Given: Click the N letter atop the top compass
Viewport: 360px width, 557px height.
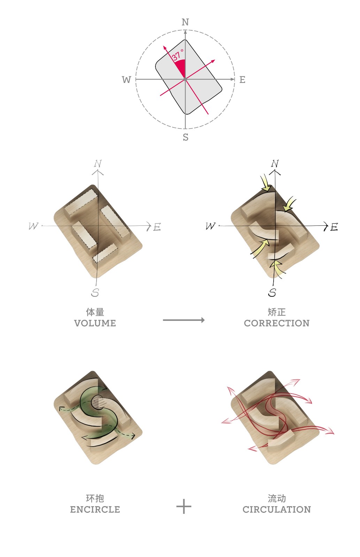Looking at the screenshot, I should pyautogui.click(x=185, y=22).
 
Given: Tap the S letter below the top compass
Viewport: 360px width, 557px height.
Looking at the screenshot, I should pyautogui.click(x=185, y=137).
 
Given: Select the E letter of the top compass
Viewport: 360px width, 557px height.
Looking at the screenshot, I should pyautogui.click(x=242, y=80).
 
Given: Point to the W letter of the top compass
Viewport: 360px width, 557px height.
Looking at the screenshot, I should pyautogui.click(x=126, y=80).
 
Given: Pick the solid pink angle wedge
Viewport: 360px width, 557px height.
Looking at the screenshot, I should pyautogui.click(x=181, y=67).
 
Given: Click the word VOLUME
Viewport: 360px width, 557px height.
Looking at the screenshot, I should pyautogui.click(x=95, y=323).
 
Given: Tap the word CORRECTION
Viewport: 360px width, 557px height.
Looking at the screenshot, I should pyautogui.click(x=276, y=323).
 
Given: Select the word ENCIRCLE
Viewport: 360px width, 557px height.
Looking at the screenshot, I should pyautogui.click(x=95, y=510).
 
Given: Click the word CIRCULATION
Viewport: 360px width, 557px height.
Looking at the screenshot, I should pyautogui.click(x=276, y=510).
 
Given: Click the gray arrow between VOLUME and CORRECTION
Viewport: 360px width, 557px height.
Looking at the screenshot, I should pyautogui.click(x=184, y=320).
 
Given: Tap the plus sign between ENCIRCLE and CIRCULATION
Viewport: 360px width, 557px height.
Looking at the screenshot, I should pyautogui.click(x=184, y=506).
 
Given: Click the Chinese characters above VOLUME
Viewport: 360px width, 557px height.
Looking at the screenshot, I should pyautogui.click(x=95, y=312).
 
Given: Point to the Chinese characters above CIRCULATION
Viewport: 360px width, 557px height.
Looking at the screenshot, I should pyautogui.click(x=276, y=498).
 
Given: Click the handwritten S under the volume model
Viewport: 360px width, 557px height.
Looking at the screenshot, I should pyautogui.click(x=95, y=293).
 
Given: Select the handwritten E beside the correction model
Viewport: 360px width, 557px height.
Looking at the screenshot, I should pyautogui.click(x=334, y=227).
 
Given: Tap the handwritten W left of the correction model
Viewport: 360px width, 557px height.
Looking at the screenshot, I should pyautogui.click(x=210, y=226).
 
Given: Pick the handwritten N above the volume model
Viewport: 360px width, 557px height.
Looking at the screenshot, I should pyautogui.click(x=98, y=163).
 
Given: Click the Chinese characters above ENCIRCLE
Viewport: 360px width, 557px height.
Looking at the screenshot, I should pyautogui.click(x=95, y=498).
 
